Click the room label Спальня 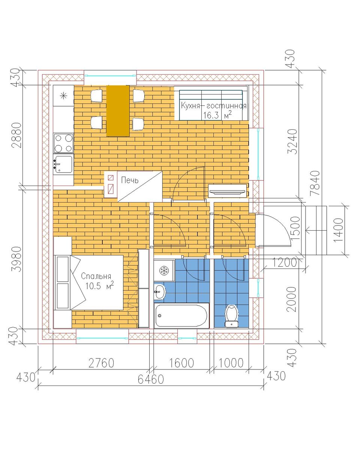click(x=96, y=276)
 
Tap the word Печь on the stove click(x=130, y=180)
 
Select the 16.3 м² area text click(x=217, y=115)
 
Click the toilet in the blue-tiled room click(x=231, y=316)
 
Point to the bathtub click(x=181, y=315)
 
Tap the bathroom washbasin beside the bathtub click(x=160, y=292)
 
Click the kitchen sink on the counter click(x=63, y=164)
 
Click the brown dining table click(x=118, y=111)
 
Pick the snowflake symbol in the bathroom click(x=164, y=271)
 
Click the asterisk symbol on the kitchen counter click(x=63, y=96)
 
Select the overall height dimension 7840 click(x=315, y=183)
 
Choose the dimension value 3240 click(x=292, y=142)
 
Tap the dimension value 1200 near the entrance click(x=284, y=262)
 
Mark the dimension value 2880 click(x=17, y=135)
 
